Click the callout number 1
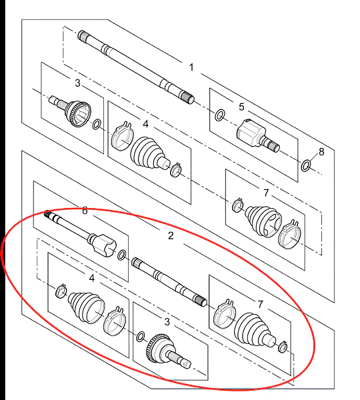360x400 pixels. pos(191,67)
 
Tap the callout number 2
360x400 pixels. pos(171,235)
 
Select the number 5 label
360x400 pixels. pos(241,107)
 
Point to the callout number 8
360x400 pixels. pos(321,152)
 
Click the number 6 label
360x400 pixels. pos(85,211)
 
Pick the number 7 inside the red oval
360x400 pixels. pos(260,304)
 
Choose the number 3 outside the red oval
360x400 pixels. pos(77,83)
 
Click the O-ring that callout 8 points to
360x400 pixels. pos(305,165)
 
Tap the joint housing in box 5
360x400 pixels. pos(251,133)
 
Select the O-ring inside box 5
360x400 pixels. pos(220,115)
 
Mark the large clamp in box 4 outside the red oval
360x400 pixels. pos(121,136)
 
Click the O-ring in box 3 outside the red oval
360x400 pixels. pos(96,124)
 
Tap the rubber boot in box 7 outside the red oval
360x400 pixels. pos(263,221)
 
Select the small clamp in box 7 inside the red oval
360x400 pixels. pos(283,347)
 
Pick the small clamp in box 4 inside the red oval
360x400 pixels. pos(61,291)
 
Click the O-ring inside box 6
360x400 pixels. pos(122,255)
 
